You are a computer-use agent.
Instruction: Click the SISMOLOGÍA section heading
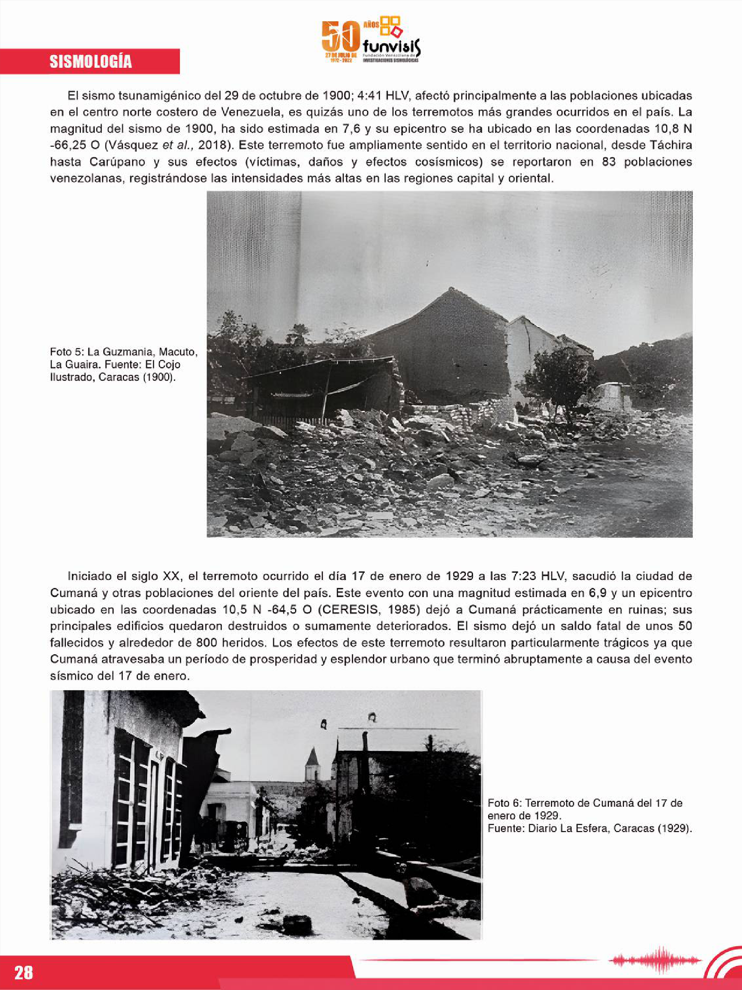[x=90, y=62]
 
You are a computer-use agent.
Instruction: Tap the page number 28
[x=24, y=972]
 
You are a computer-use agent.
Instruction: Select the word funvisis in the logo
[x=392, y=46]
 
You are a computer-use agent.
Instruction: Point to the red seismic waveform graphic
[x=655, y=959]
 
